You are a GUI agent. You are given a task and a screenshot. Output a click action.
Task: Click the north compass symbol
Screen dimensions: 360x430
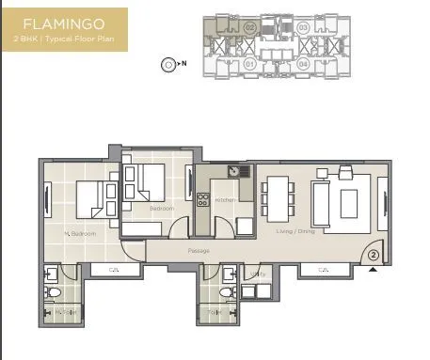click(167, 65)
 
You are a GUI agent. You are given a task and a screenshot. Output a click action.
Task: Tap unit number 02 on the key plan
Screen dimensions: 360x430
click(249, 28)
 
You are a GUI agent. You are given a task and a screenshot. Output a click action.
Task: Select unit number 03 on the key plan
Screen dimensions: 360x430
click(303, 28)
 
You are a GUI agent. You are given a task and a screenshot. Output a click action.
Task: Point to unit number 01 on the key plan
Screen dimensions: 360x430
click(249, 64)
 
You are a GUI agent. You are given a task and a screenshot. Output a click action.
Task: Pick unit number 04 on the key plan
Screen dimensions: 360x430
click(303, 64)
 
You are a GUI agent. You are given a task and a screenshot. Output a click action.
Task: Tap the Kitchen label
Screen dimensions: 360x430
click(224, 200)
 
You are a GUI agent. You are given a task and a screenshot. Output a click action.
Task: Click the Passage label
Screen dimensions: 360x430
click(198, 251)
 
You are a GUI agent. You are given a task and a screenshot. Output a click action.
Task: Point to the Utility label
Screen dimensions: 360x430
click(253, 273)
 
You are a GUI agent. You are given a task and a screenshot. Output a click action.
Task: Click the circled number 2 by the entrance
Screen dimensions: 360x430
click(373, 254)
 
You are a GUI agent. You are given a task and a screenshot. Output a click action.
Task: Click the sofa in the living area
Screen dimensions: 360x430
click(323, 199)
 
